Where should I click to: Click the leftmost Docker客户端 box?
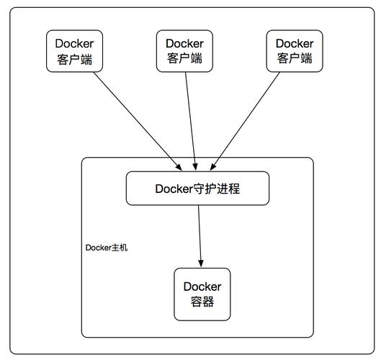(x=75, y=50)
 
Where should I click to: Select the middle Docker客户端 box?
(x=184, y=50)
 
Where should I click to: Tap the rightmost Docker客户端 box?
(x=294, y=50)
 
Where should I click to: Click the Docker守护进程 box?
(x=197, y=189)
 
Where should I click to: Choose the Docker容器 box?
(x=202, y=294)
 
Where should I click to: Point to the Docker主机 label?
(x=107, y=248)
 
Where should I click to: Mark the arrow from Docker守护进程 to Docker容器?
(x=200, y=234)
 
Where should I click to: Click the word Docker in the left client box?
(x=75, y=43)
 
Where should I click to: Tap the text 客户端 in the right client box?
(x=294, y=58)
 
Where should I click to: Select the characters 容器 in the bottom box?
(x=202, y=302)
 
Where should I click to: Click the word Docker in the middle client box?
(x=184, y=43)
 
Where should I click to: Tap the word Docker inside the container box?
(x=202, y=287)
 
